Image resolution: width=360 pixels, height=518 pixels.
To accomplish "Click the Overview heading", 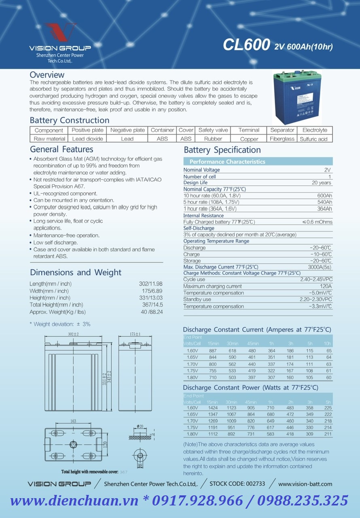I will (x=47, y=75).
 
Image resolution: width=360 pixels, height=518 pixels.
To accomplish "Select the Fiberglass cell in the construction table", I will (x=282, y=139).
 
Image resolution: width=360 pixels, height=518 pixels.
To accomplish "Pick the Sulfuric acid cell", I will (x=313, y=139).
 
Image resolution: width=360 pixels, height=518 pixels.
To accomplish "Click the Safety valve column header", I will (x=213, y=130).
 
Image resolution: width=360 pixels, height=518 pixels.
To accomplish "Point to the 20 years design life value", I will (x=321, y=183).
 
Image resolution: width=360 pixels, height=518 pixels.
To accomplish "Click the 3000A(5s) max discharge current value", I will (x=320, y=267).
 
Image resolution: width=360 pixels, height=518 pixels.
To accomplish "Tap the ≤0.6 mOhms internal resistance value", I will (x=318, y=222).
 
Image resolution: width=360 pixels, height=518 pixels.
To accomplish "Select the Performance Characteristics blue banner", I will (x=258, y=161).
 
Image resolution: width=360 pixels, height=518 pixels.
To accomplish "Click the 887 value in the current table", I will (x=213, y=351).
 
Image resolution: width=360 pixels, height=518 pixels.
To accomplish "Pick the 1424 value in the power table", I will (x=213, y=408).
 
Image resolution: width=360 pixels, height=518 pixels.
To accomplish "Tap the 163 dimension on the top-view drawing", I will (x=73, y=421).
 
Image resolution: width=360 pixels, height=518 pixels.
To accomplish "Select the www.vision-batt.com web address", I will (x=305, y=484).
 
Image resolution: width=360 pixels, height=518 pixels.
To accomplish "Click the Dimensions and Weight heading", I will (x=76, y=272).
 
